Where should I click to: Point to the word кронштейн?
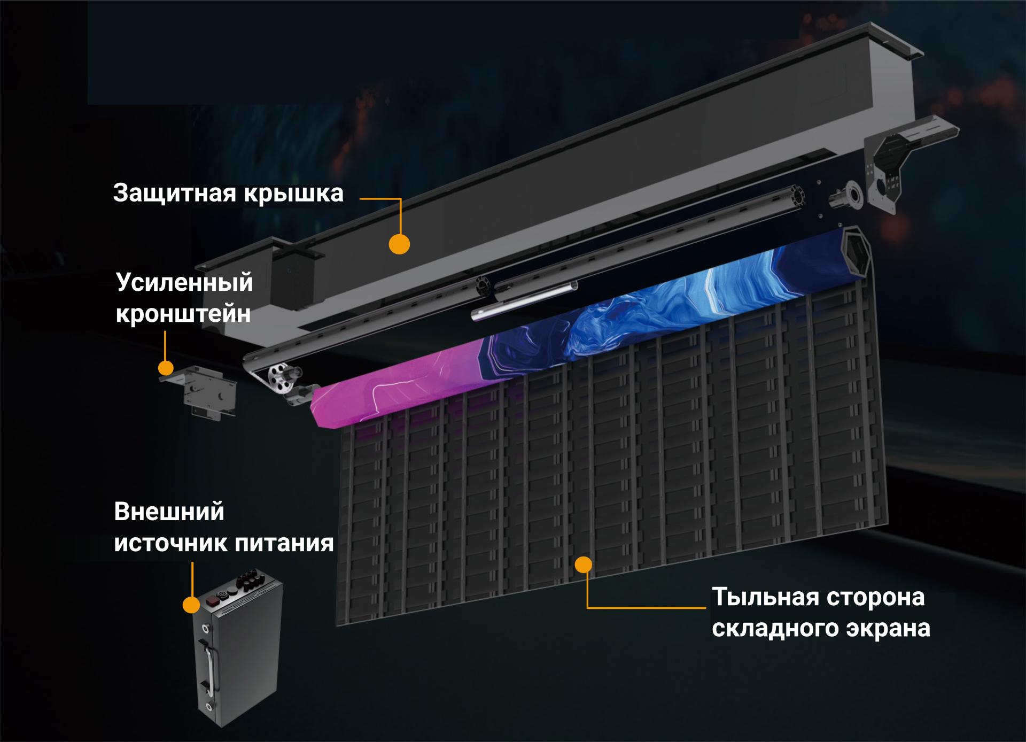[183, 314]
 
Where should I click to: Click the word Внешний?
[169, 512]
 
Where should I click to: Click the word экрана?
[888, 628]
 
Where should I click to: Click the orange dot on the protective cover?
[399, 244]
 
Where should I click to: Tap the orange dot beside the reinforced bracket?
[166, 368]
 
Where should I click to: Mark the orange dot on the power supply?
[191, 605]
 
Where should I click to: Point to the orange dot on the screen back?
[585, 565]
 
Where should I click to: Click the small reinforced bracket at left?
[206, 390]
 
